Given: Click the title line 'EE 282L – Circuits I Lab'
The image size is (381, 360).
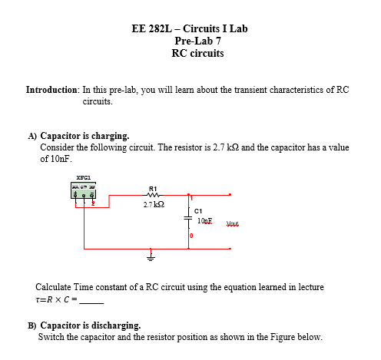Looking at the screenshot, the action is [190, 29].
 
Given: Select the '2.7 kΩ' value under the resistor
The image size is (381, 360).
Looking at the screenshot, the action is [154, 205].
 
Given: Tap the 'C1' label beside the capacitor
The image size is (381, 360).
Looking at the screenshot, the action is [197, 211].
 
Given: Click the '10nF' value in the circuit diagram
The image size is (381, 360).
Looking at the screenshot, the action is [205, 221].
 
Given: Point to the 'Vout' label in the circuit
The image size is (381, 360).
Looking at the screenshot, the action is [234, 225].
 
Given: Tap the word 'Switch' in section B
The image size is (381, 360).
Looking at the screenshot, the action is [51, 337].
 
